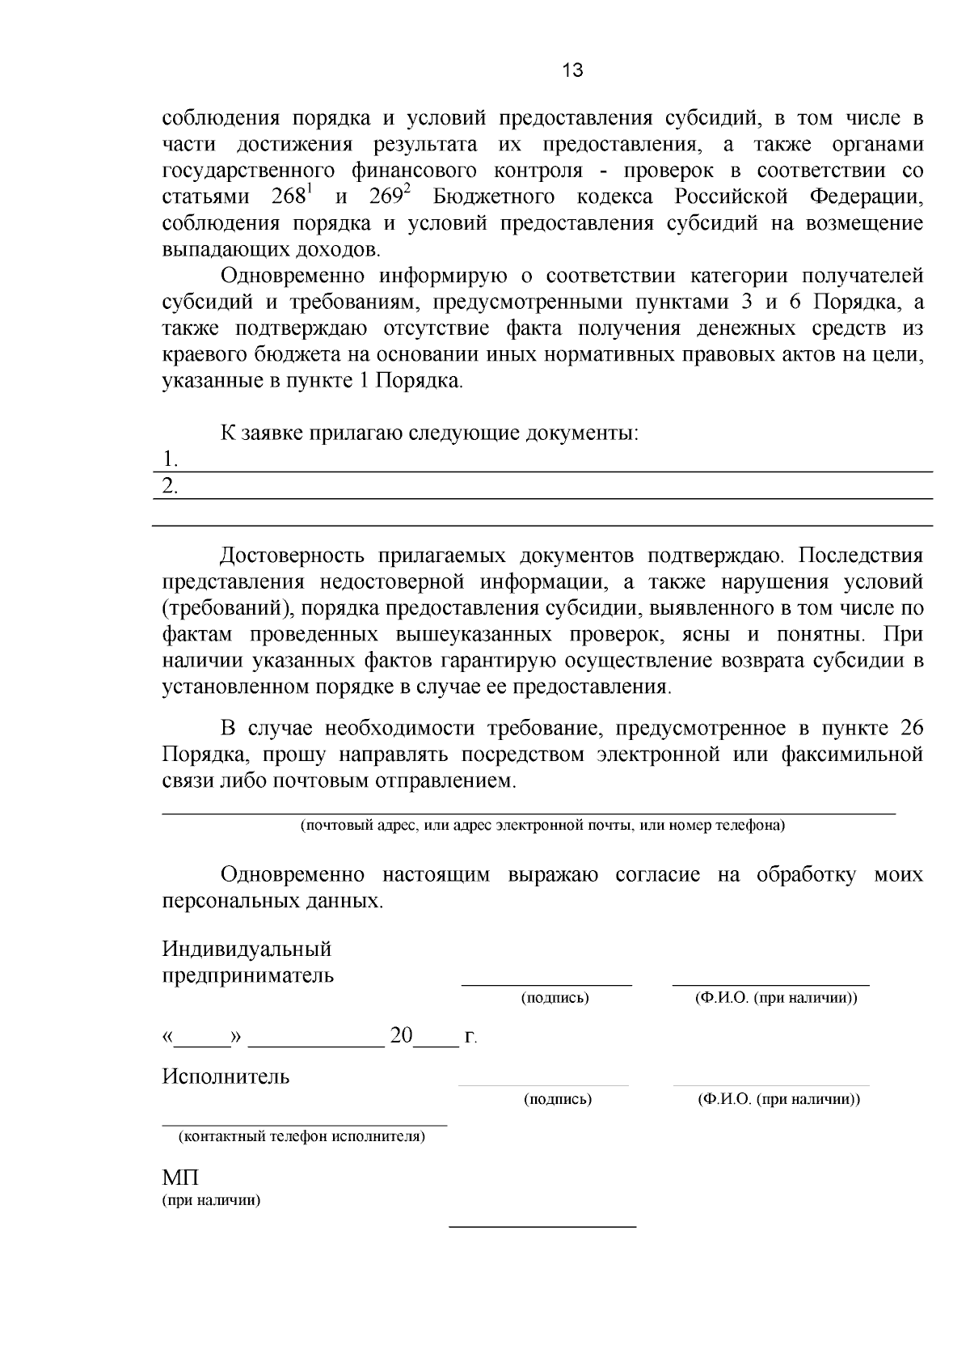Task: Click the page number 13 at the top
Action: pos(571,71)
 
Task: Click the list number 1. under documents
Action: pos(170,459)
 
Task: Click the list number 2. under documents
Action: pos(170,487)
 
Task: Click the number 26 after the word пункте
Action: pos(911,728)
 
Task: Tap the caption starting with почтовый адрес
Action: pos(542,826)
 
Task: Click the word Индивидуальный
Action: pos(247,948)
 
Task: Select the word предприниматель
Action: pos(248,975)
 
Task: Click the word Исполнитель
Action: pos(226,1076)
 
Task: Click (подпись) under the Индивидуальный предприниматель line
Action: pos(555,998)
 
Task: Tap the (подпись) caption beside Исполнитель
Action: pos(558,1100)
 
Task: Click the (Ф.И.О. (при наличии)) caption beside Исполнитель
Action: pos(778,1100)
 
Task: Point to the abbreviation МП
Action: pos(180,1178)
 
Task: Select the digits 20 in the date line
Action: pos(402,1036)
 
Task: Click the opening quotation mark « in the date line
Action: pos(168,1038)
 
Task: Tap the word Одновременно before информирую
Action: pos(291,276)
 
